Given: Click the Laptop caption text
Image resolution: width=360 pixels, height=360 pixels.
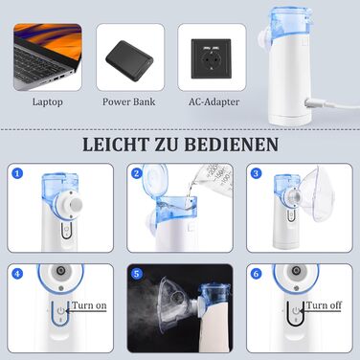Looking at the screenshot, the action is (48, 102).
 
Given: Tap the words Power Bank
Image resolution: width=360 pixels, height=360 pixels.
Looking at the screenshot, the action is (129, 101).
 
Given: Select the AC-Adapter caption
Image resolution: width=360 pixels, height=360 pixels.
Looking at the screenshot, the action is (214, 101).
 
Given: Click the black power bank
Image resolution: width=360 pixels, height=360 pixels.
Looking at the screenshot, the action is (129, 61).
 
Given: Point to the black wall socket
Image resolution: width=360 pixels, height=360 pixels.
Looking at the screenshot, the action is (211, 59).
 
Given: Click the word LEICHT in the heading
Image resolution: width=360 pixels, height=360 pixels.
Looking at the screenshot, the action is (116, 145).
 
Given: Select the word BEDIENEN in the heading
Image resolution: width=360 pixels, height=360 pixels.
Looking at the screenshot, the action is (231, 145).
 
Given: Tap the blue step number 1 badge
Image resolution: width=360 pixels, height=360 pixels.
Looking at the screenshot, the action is (17, 173).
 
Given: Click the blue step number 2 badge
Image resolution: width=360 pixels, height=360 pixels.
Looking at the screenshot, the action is (137, 173).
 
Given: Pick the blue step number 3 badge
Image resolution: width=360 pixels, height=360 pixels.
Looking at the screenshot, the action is (256, 173).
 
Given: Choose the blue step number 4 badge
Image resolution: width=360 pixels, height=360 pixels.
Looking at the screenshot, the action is (17, 274).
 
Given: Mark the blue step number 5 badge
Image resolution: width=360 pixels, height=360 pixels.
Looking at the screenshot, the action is (137, 274).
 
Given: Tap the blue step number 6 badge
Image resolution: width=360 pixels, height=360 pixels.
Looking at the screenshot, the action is (256, 274).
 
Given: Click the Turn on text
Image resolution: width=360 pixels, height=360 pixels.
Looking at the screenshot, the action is (89, 305).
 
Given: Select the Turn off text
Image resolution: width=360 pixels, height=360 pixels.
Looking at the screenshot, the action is (324, 305).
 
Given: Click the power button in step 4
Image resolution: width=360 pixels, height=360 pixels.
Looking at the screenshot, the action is (60, 310).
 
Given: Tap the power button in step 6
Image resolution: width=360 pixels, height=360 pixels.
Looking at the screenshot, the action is (296, 310).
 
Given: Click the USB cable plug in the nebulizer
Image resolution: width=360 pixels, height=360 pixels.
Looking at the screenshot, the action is (315, 103).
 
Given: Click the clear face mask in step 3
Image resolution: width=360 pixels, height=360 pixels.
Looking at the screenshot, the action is (318, 194).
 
